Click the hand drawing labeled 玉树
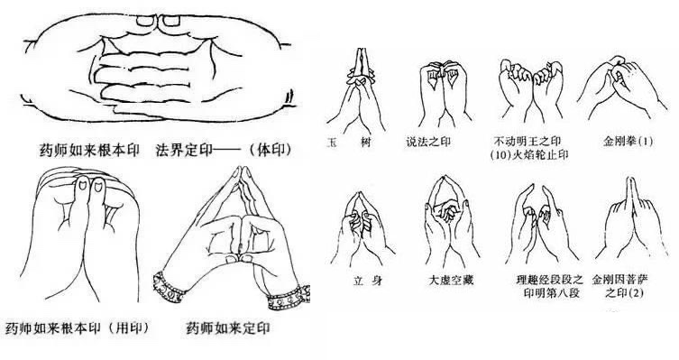(357, 91)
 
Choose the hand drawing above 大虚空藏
(450, 220)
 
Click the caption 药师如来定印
(228, 328)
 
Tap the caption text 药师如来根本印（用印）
(77, 328)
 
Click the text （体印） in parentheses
(270, 150)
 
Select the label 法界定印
(184, 150)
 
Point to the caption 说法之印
(428, 142)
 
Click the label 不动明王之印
(527, 142)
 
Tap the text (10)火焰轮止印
(528, 154)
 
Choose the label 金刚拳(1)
(628, 142)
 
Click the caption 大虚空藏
(450, 281)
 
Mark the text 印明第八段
(551, 293)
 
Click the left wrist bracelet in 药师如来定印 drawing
(167, 287)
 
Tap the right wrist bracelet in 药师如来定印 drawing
(289, 298)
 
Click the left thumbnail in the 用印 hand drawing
(81, 186)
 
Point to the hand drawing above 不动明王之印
(530, 91)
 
